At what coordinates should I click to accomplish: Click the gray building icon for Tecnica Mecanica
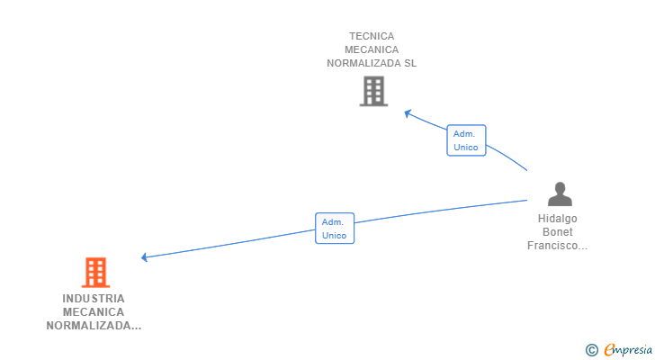click(373, 91)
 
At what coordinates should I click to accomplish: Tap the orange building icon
click(94, 272)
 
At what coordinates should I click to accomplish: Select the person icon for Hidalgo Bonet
click(560, 193)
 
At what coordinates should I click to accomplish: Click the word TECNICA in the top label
click(372, 37)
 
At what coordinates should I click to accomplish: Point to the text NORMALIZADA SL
click(372, 64)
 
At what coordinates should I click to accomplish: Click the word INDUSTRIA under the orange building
click(94, 298)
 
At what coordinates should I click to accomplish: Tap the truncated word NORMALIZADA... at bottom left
click(94, 326)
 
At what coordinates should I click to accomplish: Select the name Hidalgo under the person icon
click(558, 219)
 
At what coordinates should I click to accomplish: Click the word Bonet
click(558, 232)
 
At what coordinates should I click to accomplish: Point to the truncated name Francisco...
click(558, 246)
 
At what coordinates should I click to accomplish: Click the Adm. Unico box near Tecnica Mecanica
click(466, 140)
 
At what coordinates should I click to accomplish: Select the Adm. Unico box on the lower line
click(335, 229)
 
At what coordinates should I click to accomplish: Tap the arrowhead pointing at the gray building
click(408, 112)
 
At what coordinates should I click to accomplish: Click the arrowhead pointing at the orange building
click(145, 257)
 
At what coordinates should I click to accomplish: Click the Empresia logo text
click(630, 350)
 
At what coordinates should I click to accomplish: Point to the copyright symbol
click(591, 350)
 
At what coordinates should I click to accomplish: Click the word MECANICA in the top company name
click(372, 50)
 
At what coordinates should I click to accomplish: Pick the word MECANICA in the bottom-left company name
click(94, 312)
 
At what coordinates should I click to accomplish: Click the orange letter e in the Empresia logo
click(610, 350)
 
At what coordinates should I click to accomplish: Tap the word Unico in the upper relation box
click(466, 148)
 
